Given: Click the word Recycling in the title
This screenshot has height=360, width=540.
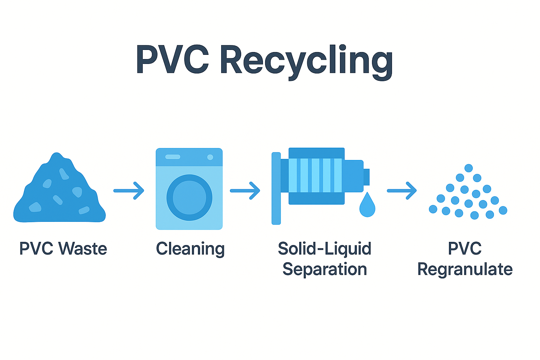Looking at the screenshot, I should [x=307, y=60].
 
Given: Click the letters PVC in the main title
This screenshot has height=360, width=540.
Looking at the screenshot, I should [x=172, y=60].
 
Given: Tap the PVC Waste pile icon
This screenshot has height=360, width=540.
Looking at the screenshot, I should [x=59, y=193].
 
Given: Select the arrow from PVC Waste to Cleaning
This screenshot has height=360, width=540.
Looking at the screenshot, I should [x=129, y=191].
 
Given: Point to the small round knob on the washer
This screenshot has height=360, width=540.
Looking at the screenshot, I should [x=210, y=157].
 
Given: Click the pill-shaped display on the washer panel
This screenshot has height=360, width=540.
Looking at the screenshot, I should [x=173, y=157].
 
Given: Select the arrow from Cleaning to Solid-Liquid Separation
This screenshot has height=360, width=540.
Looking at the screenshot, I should [x=245, y=191].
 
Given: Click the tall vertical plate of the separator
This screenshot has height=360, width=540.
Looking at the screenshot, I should [x=276, y=188].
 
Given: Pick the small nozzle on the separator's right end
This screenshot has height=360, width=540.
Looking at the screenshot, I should [x=366, y=177].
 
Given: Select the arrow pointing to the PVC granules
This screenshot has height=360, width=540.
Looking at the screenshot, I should [x=402, y=191].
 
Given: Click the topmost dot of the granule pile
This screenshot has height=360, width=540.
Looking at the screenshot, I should [x=469, y=168].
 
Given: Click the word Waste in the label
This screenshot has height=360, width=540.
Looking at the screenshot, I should [x=83, y=249].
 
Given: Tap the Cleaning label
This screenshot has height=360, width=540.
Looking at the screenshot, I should [x=190, y=249].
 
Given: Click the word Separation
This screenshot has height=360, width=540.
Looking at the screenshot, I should [x=324, y=270].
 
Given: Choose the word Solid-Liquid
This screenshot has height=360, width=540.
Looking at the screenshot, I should [x=324, y=249].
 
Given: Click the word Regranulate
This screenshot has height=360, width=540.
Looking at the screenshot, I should [x=465, y=270].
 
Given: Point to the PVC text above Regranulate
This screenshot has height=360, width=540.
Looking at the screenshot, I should [x=465, y=249].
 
